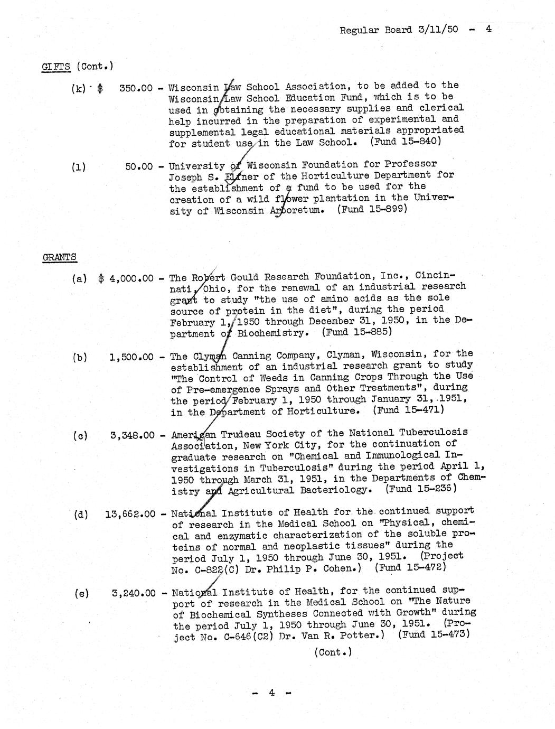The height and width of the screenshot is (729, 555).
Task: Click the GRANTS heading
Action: pyautogui.click(x=59, y=257)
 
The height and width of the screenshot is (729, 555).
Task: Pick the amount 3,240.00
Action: pyautogui.click(x=134, y=593)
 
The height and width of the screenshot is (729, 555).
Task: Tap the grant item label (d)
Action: pyautogui.click(x=81, y=514)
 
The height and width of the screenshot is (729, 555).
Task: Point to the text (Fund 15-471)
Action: pyautogui.click(x=408, y=409)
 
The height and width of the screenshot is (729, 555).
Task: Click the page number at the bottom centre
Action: pyautogui.click(x=271, y=693)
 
